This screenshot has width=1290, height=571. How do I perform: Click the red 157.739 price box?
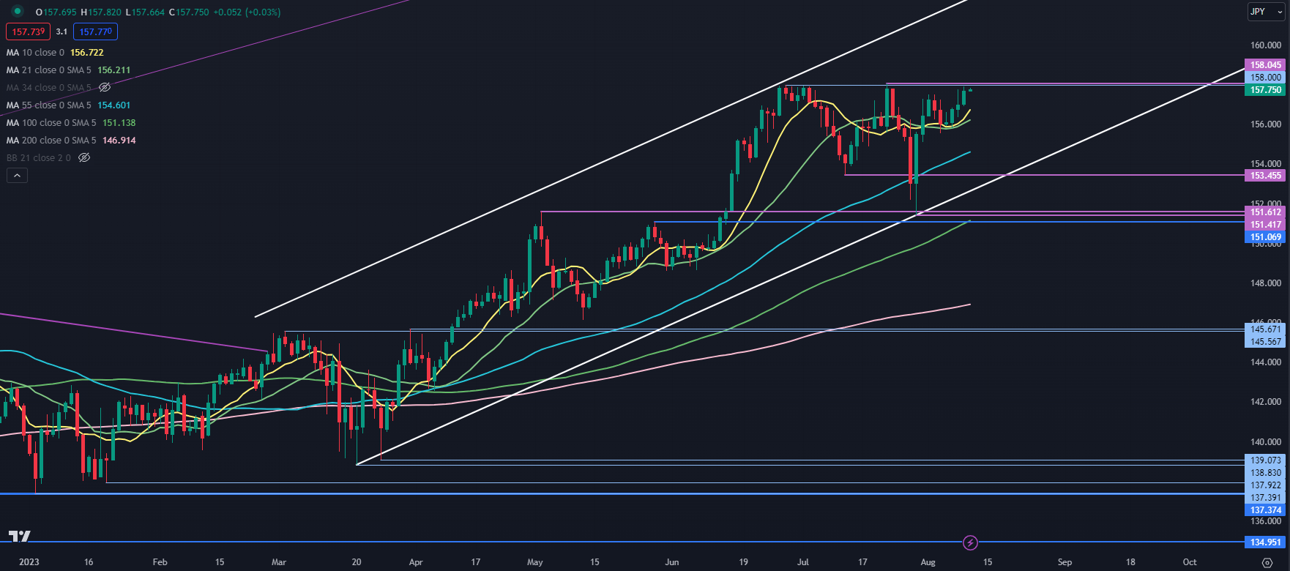pyautogui.click(x=29, y=31)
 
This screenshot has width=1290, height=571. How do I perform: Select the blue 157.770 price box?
pyautogui.click(x=95, y=31)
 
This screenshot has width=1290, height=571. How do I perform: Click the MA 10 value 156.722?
pyautogui.click(x=86, y=53)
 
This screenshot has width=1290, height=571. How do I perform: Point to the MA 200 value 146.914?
pyautogui.click(x=119, y=141)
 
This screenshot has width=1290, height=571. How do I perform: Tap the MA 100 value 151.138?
pyautogui.click(x=119, y=123)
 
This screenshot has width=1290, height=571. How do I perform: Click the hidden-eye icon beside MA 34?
pyautogui.click(x=105, y=88)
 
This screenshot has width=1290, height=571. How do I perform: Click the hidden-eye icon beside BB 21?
pyautogui.click(x=84, y=158)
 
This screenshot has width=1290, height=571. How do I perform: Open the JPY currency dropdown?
pyautogui.click(x=1265, y=12)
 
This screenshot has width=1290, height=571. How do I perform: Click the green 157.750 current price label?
pyautogui.click(x=1265, y=90)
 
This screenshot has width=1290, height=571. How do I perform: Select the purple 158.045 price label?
pyautogui.click(x=1265, y=65)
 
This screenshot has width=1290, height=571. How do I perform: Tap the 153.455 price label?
pyautogui.click(x=1265, y=176)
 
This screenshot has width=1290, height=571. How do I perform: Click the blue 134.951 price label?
pyautogui.click(x=1265, y=542)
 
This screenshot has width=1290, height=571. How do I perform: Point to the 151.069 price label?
pyautogui.click(x=1265, y=237)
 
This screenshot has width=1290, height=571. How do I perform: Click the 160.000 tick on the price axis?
pyautogui.click(x=1265, y=45)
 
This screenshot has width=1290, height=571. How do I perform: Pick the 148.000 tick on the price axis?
pyautogui.click(x=1265, y=283)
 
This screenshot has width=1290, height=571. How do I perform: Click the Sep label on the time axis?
pyautogui.click(x=1065, y=562)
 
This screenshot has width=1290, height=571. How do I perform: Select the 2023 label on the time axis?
pyautogui.click(x=29, y=562)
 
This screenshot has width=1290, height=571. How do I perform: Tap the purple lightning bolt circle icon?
pyautogui.click(x=970, y=542)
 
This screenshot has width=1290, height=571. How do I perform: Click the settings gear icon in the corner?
pyautogui.click(x=1267, y=562)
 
